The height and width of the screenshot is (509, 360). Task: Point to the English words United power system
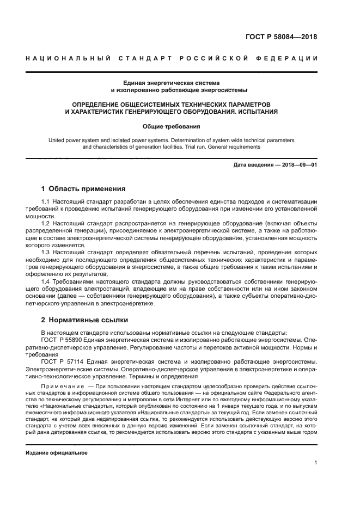69,140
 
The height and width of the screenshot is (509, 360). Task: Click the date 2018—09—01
298,165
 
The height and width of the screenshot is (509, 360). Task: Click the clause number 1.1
46,202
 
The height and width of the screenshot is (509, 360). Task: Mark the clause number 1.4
46,281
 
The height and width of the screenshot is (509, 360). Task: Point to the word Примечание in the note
61,385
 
